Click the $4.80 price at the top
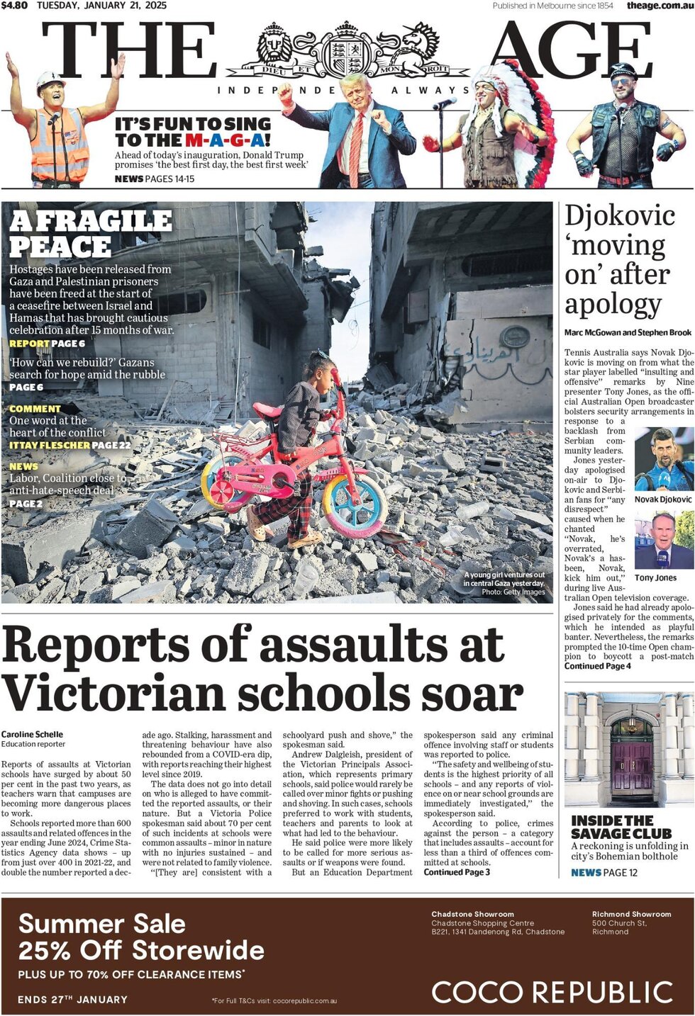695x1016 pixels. [x=14, y=6]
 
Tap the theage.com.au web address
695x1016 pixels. [x=659, y=6]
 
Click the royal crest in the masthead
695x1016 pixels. [x=347, y=51]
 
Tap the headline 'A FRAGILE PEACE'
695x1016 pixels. [x=91, y=234]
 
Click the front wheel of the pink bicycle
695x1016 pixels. [x=355, y=504]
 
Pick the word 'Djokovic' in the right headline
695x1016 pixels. [x=620, y=215]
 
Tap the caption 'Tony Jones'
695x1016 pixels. [x=655, y=578]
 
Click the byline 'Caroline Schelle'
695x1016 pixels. [x=32, y=734]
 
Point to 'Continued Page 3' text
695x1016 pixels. [x=457, y=872]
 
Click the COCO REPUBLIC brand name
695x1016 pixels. [x=552, y=992]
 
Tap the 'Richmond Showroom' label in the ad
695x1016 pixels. [x=631, y=914]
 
